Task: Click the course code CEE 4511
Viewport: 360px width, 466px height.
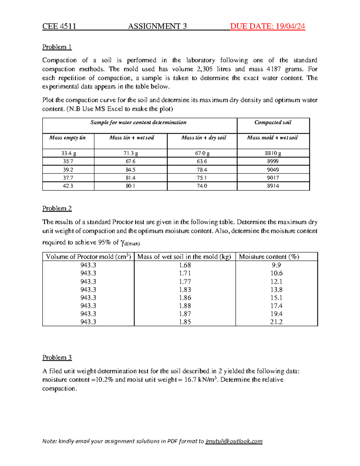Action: pos(59,26)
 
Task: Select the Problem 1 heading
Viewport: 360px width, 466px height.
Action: pos(57,47)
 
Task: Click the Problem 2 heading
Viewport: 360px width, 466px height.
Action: pos(57,209)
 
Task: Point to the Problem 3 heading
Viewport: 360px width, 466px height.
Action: pos(57,358)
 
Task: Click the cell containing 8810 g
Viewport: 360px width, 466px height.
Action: pos(273,153)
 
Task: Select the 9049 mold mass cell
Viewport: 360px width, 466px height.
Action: pos(273,170)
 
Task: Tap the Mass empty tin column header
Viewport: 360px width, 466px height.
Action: pos(68,138)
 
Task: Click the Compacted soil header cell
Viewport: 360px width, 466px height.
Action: pos(273,122)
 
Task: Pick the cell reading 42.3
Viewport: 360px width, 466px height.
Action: pos(68,186)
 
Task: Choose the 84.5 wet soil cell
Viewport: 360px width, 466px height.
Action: pos(130,170)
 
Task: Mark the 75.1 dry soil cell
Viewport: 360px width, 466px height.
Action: pos(202,178)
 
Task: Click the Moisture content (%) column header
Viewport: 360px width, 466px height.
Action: pos(269,257)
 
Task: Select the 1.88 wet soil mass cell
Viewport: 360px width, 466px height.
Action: pos(185,306)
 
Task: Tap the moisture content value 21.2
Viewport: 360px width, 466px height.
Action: pos(276,322)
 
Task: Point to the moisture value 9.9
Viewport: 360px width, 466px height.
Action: pos(276,265)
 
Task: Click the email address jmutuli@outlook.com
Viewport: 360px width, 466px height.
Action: pos(234,441)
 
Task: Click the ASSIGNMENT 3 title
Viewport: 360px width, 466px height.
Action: pos(157,26)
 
